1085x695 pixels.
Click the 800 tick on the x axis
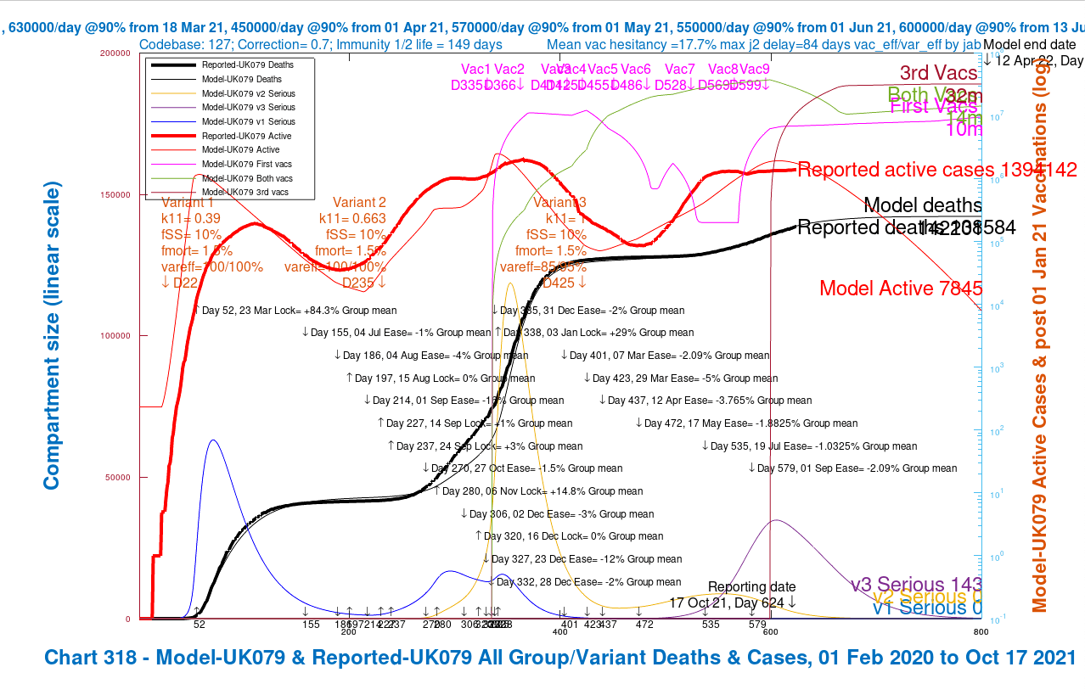pos(981,632)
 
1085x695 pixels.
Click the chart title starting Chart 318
pos(559,658)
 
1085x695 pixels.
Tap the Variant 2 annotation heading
pos(359,203)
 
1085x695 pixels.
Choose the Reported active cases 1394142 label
pos(937,170)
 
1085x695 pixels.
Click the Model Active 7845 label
pos(901,289)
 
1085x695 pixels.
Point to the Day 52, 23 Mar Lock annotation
pos(299,311)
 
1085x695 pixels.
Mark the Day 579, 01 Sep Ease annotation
pos(856,468)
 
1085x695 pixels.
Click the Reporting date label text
pos(751,586)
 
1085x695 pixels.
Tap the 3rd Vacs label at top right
pos(938,73)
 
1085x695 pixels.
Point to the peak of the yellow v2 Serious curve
pos(509,284)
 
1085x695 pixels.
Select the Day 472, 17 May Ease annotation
pos(751,423)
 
